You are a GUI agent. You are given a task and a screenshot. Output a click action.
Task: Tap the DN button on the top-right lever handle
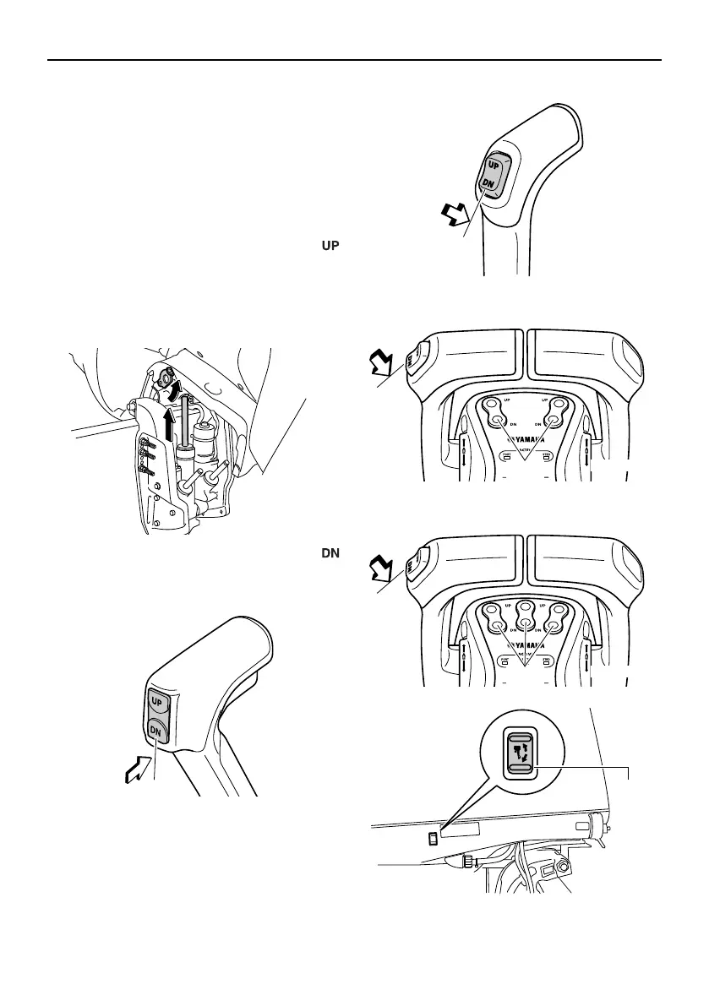tap(489, 183)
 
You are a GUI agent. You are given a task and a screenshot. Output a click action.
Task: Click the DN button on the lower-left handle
tap(158, 728)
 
